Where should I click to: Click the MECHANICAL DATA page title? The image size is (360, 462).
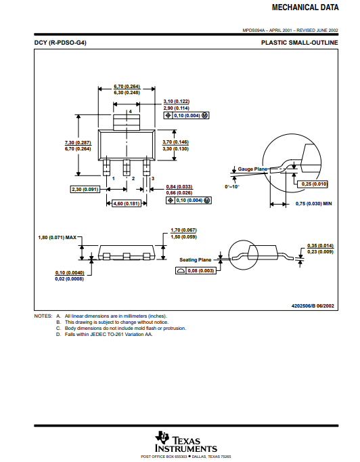click(x=305, y=7)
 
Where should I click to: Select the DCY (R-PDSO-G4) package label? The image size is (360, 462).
click(x=60, y=43)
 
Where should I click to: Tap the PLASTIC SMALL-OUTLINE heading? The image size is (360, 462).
click(x=299, y=43)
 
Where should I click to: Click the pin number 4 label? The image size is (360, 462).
click(x=130, y=112)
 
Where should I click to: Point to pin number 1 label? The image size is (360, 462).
click(x=113, y=179)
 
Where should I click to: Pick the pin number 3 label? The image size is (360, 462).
click(x=153, y=179)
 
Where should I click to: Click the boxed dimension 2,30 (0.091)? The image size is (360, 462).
click(x=85, y=189)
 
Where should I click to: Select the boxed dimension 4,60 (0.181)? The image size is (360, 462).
click(x=127, y=203)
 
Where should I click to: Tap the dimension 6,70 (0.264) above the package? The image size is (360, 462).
click(x=127, y=86)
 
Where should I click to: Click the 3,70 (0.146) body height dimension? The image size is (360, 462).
click(x=175, y=142)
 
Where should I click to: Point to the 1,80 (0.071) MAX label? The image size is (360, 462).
click(x=57, y=237)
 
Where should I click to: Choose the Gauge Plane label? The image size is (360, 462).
click(x=252, y=169)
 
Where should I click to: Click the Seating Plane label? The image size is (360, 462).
click(x=196, y=259)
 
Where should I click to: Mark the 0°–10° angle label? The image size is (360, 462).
click(x=232, y=186)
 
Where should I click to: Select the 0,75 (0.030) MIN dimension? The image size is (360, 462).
click(x=313, y=204)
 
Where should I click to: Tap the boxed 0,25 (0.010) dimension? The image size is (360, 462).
click(x=312, y=184)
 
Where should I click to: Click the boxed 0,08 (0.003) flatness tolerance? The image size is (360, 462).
click(x=196, y=270)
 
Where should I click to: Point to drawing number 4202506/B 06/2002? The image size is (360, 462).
click(x=313, y=306)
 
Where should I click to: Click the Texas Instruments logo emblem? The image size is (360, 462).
click(x=162, y=438)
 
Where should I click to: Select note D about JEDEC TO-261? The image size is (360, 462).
click(x=104, y=335)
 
